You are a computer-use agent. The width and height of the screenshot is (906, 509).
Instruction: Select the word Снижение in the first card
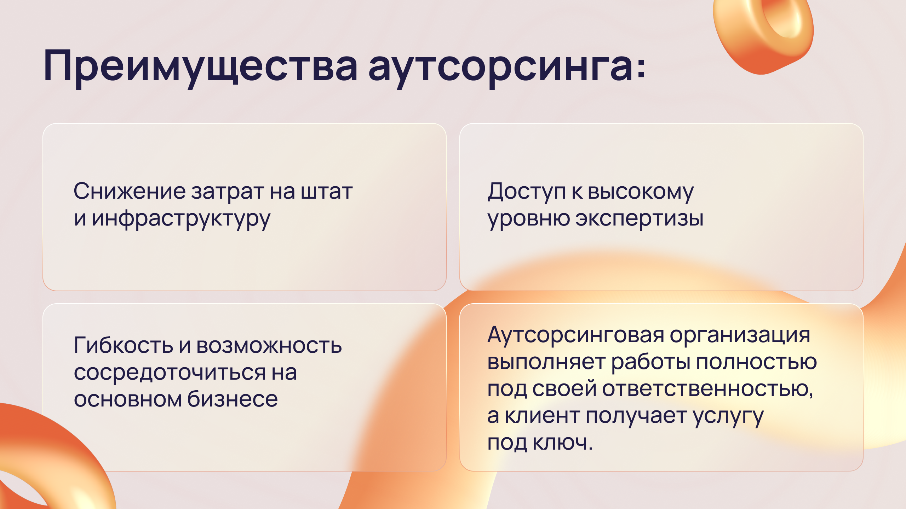[x=129, y=191]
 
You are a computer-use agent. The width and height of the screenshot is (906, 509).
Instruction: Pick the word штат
[x=327, y=192]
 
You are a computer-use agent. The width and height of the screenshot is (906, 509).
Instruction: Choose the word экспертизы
[x=639, y=219]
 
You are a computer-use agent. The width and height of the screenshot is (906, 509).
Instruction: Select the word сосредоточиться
[x=170, y=373]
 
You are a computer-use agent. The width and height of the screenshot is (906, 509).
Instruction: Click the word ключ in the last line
[x=563, y=442]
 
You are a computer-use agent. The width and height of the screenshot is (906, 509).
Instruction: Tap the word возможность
[x=269, y=345]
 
